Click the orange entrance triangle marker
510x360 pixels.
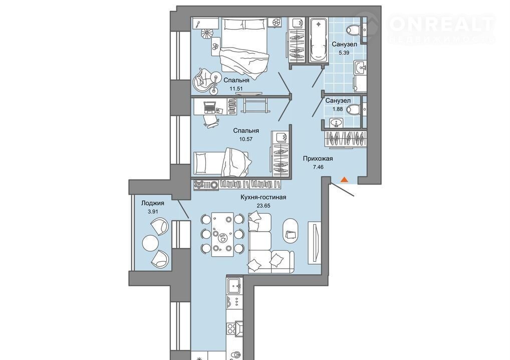click(x=344, y=179)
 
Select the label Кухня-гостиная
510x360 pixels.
click(x=264, y=197)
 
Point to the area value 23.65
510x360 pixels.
click(x=264, y=206)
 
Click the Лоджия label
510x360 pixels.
click(x=152, y=203)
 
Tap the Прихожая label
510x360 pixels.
click(x=318, y=159)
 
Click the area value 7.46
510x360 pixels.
click(x=318, y=167)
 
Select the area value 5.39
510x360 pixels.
click(x=344, y=53)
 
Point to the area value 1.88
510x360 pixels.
click(x=338, y=109)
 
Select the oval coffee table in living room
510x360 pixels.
click(x=290, y=231)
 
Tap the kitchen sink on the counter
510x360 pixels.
click(x=234, y=286)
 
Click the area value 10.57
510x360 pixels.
click(x=245, y=139)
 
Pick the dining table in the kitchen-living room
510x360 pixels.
click(x=222, y=234)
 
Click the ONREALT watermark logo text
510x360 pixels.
click(x=442, y=24)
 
